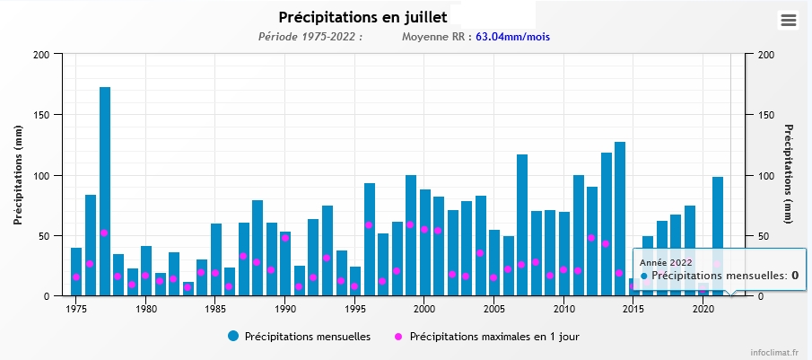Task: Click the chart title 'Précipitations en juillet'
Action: (x=362, y=17)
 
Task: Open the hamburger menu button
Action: (x=789, y=21)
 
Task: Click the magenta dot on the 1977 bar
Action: (x=105, y=233)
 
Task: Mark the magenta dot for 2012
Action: (x=592, y=238)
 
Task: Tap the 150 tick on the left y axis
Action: (x=41, y=115)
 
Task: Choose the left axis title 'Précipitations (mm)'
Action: (x=18, y=174)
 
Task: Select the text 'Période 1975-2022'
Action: (x=309, y=37)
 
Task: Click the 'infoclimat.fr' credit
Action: (x=777, y=353)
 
